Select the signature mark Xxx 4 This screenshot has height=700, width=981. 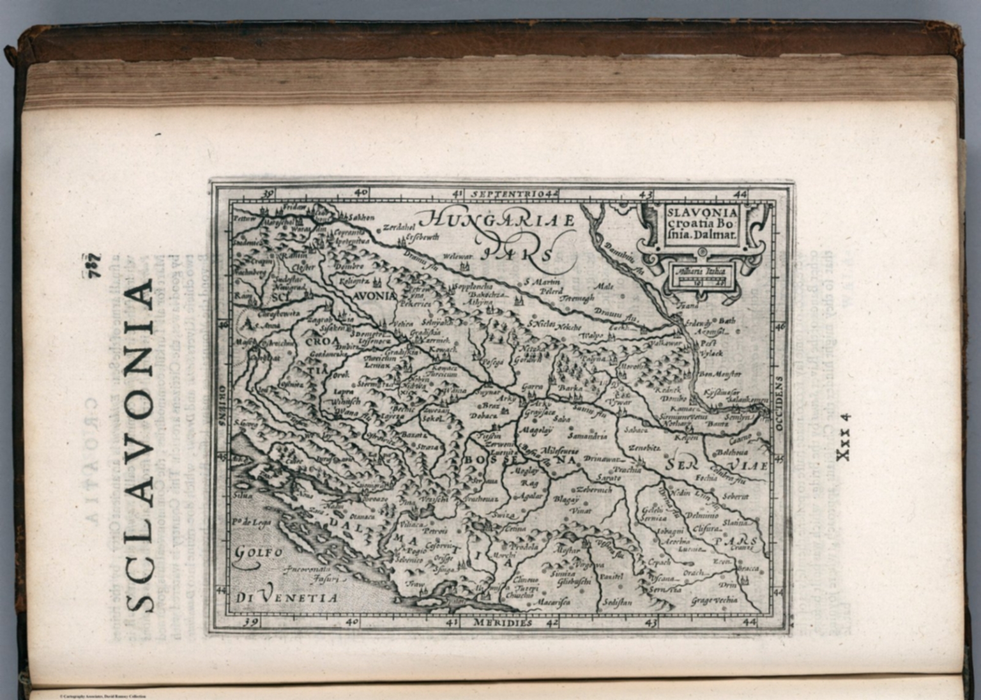[x=843, y=436]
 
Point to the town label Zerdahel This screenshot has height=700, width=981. [x=395, y=227]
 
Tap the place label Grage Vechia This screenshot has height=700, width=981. [x=713, y=600]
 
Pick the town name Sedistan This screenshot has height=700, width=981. [x=617, y=602]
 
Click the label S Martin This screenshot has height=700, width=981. [x=542, y=282]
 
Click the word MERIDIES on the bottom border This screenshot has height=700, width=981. [x=503, y=621]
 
